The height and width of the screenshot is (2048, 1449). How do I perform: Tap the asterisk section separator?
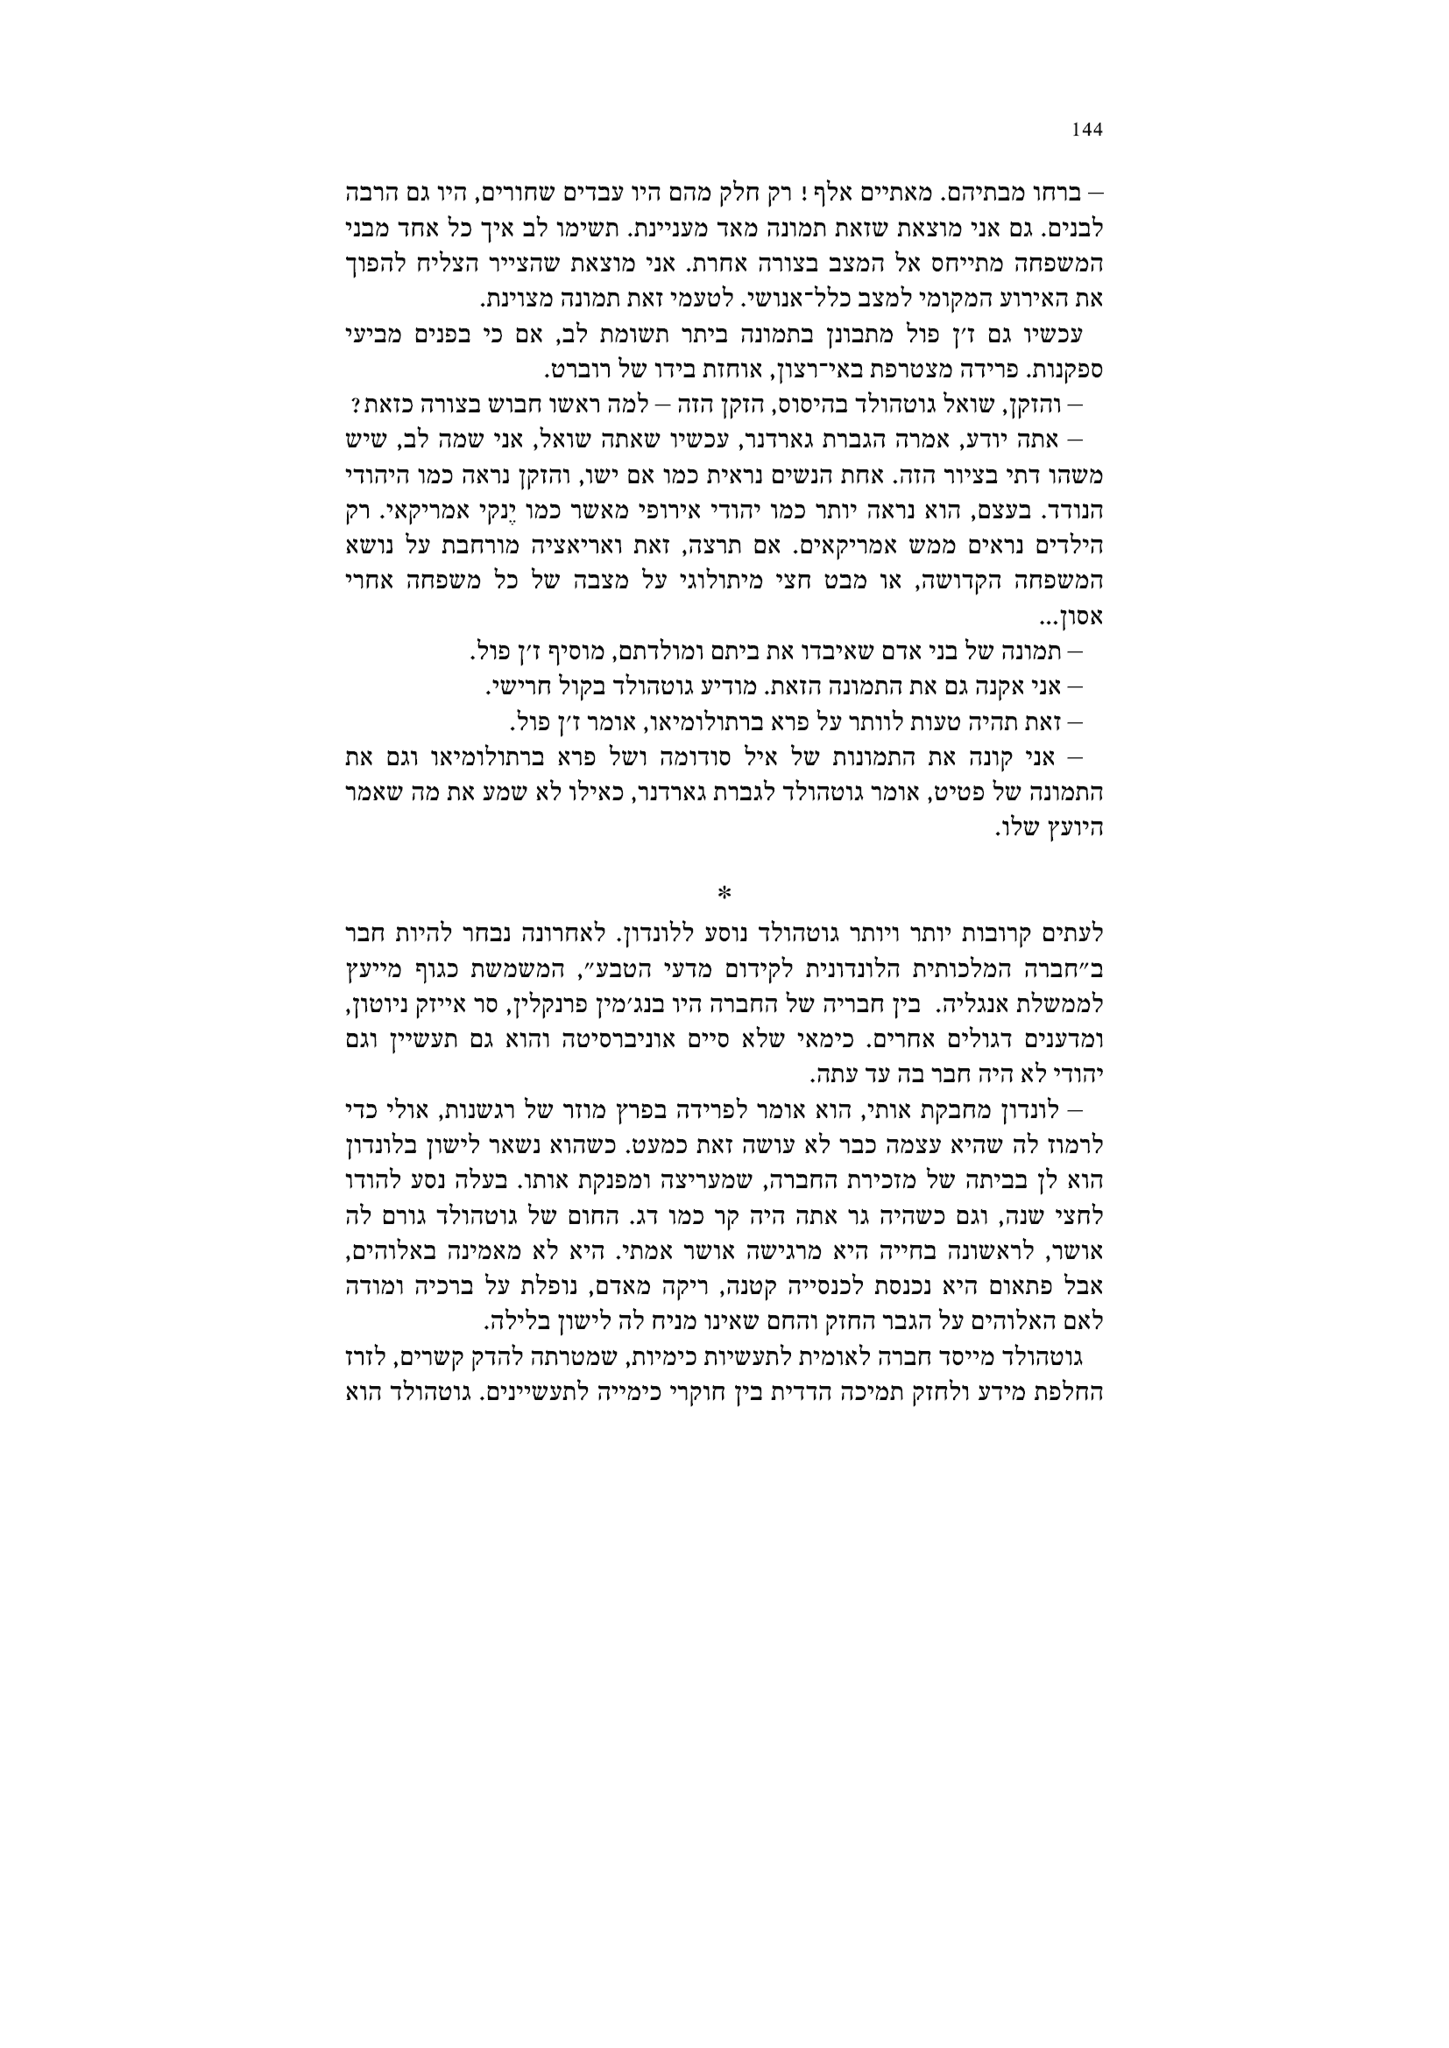pyautogui.click(x=724, y=893)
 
